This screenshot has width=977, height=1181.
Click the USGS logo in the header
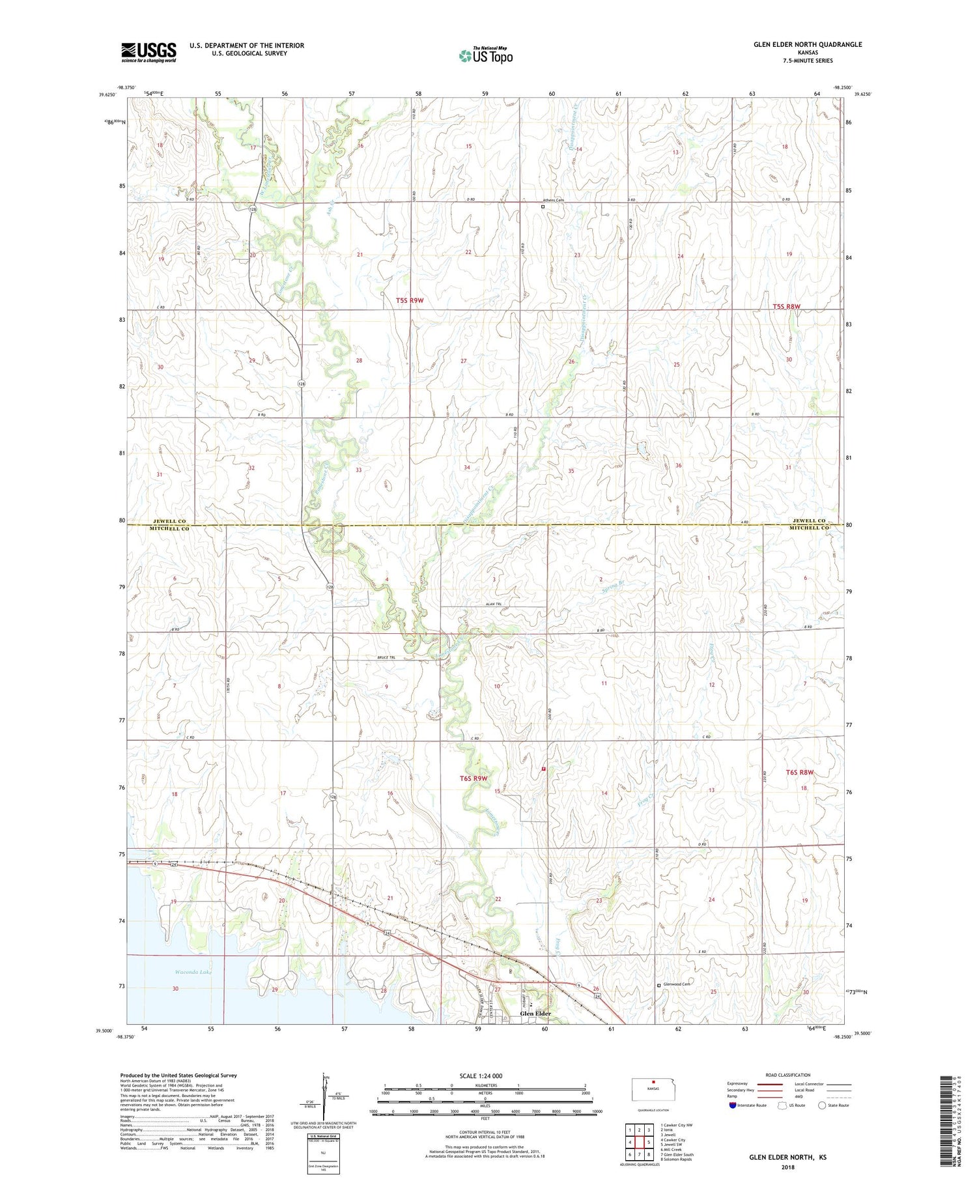pos(149,52)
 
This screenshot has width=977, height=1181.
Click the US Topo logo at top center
pos(485,56)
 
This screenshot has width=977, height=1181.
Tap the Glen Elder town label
pos(535,1014)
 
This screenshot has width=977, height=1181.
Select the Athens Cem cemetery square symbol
pos(543,206)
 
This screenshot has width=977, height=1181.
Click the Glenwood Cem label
pos(677,984)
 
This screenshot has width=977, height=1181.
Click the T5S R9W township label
pos(410,300)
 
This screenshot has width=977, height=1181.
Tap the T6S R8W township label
pos(800,772)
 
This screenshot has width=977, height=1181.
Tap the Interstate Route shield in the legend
pos(732,1105)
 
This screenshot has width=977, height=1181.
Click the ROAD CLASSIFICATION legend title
pos(788,1075)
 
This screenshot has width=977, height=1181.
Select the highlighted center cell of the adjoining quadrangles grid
pos(639,1142)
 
